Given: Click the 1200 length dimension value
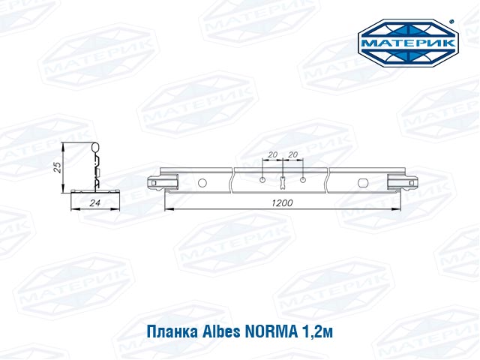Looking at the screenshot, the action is pyautogui.click(x=282, y=202).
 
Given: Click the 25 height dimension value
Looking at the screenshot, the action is pyautogui.click(x=58, y=167).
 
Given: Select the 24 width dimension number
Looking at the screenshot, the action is pyautogui.click(x=95, y=202).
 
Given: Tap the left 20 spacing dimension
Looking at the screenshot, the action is pyautogui.click(x=272, y=154).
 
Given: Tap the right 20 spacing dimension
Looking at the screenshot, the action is pyautogui.click(x=293, y=154).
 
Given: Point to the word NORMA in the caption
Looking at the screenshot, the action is pyautogui.click(x=271, y=331).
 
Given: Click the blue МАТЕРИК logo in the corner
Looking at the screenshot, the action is pyautogui.click(x=408, y=43).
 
